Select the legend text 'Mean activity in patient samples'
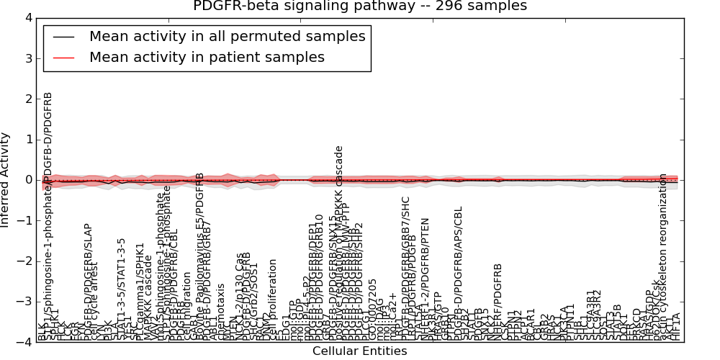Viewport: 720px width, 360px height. [x=207, y=57]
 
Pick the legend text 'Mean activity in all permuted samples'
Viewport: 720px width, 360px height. [x=227, y=36]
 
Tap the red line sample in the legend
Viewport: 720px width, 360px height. [x=63, y=58]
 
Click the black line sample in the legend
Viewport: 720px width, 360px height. [x=63, y=37]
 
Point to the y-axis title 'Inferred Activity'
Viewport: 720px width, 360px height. [x=6, y=179]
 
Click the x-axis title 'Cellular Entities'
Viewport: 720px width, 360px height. [x=359, y=351]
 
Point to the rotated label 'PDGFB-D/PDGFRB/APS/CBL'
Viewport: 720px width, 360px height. [x=459, y=274]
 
